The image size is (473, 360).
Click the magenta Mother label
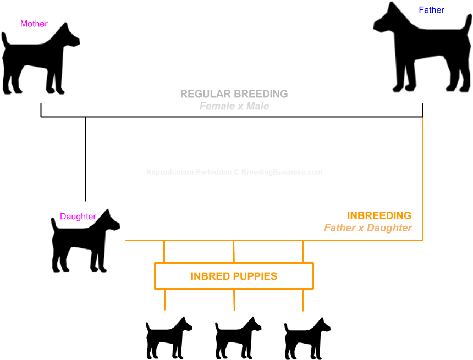coord(34,24)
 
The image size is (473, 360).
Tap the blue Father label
coord(431,10)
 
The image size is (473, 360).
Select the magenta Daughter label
coord(78,217)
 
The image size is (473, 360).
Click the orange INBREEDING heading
coord(379,216)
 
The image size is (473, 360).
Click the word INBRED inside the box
coord(208,276)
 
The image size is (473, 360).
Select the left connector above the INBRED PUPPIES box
coord(164,252)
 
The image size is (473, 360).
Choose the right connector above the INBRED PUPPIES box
coord(302,252)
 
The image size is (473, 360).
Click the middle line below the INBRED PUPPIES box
coord(234,300)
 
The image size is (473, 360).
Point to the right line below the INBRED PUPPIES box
coord(303,300)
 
